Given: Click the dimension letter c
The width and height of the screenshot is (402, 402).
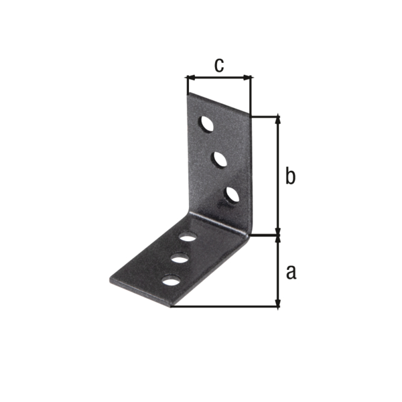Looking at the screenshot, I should click(x=218, y=64).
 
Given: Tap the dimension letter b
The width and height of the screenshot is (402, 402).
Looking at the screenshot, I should click(x=289, y=176).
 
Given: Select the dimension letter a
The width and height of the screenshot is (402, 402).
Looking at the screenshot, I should click(x=290, y=271).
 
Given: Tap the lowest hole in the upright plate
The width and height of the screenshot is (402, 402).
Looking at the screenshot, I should click(x=232, y=194).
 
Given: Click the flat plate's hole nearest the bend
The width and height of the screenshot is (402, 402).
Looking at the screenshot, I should click(x=188, y=237).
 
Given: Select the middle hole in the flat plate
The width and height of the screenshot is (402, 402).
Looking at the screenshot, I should click(x=180, y=258).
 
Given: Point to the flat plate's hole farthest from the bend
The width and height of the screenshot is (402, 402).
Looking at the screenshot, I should click(x=172, y=280).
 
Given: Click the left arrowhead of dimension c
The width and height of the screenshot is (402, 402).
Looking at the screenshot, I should click(x=190, y=78).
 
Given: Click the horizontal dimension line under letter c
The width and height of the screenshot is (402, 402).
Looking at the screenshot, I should click(x=218, y=78).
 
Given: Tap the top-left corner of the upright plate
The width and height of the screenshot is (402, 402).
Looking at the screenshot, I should click(x=187, y=93).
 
